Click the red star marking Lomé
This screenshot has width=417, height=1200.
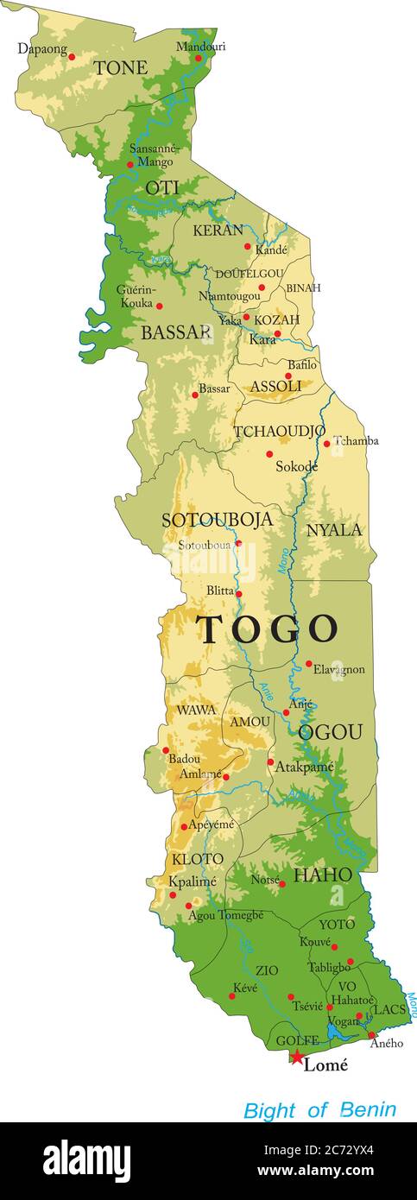pyautogui.click(x=297, y=1058)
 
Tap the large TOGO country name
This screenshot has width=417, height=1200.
pyautogui.click(x=267, y=629)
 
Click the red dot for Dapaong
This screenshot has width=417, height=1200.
pyautogui.click(x=72, y=57)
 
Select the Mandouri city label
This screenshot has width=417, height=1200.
pyautogui.click(x=200, y=46)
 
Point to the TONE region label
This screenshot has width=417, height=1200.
pyautogui.click(x=120, y=67)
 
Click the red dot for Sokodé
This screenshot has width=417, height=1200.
pyautogui.click(x=269, y=453)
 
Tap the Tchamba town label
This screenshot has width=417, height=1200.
pyautogui.click(x=356, y=440)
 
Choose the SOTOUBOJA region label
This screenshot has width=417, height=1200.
pyautogui.click(x=217, y=520)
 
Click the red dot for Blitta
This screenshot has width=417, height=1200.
pyautogui.click(x=239, y=594)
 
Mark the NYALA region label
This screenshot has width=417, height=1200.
pyautogui.click(x=334, y=530)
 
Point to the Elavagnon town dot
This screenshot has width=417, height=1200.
pyautogui.click(x=309, y=664)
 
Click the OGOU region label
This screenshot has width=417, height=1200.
pyautogui.click(x=331, y=732)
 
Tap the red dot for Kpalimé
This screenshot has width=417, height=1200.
pyautogui.click(x=173, y=894)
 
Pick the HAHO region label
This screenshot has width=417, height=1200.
pyautogui.click(x=323, y=875)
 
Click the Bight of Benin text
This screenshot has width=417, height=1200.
pyautogui.click(x=319, y=1109)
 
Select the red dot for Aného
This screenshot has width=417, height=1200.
pyautogui.click(x=372, y=1035)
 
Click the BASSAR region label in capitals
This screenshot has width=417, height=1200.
pyautogui.click(x=176, y=332)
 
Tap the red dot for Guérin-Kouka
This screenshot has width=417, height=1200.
pyautogui.click(x=159, y=305)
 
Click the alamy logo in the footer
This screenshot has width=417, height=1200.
pyautogui.click(x=86, y=1161)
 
